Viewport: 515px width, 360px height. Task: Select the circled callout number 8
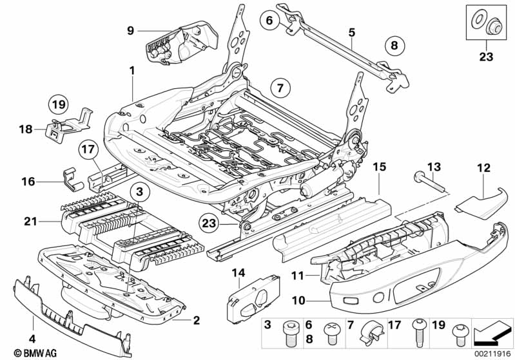click(395, 45)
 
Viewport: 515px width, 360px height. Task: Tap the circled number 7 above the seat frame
click(279, 86)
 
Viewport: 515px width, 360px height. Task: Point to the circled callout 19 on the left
click(59, 103)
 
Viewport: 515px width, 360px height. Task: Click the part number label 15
click(379, 167)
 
